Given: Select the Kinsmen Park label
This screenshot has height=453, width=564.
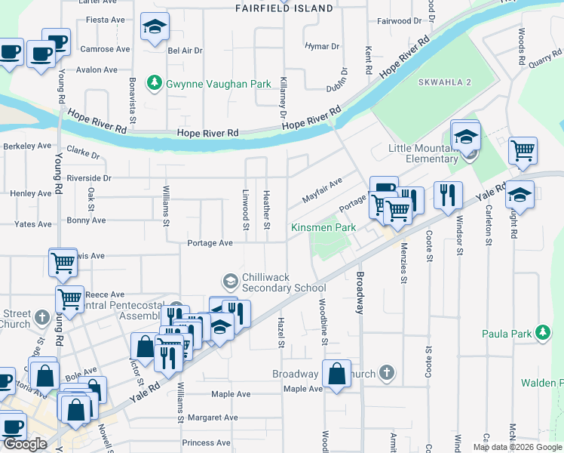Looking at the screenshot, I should pyautogui.click(x=323, y=227).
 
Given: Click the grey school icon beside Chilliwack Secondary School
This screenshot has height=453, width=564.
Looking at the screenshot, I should pyautogui.click(x=231, y=282).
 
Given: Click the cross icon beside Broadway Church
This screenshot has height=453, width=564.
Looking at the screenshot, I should pyautogui.click(x=386, y=373).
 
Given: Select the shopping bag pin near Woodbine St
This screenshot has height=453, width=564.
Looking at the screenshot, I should pyautogui.click(x=336, y=373).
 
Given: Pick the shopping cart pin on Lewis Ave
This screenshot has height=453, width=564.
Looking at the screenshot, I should pyautogui.click(x=63, y=262).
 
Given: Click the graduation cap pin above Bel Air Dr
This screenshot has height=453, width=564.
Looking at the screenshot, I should pyautogui.click(x=155, y=28).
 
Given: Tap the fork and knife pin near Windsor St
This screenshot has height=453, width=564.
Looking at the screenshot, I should pyautogui.click(x=448, y=195).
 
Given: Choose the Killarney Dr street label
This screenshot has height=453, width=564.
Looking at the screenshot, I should pyautogui.click(x=284, y=97).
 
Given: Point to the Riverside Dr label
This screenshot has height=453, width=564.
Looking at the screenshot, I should pyautogui.click(x=89, y=178).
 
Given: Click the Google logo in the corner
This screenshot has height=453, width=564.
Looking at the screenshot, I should pyautogui.click(x=24, y=444).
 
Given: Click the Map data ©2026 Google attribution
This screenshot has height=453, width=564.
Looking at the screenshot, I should pyautogui.click(x=516, y=447).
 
